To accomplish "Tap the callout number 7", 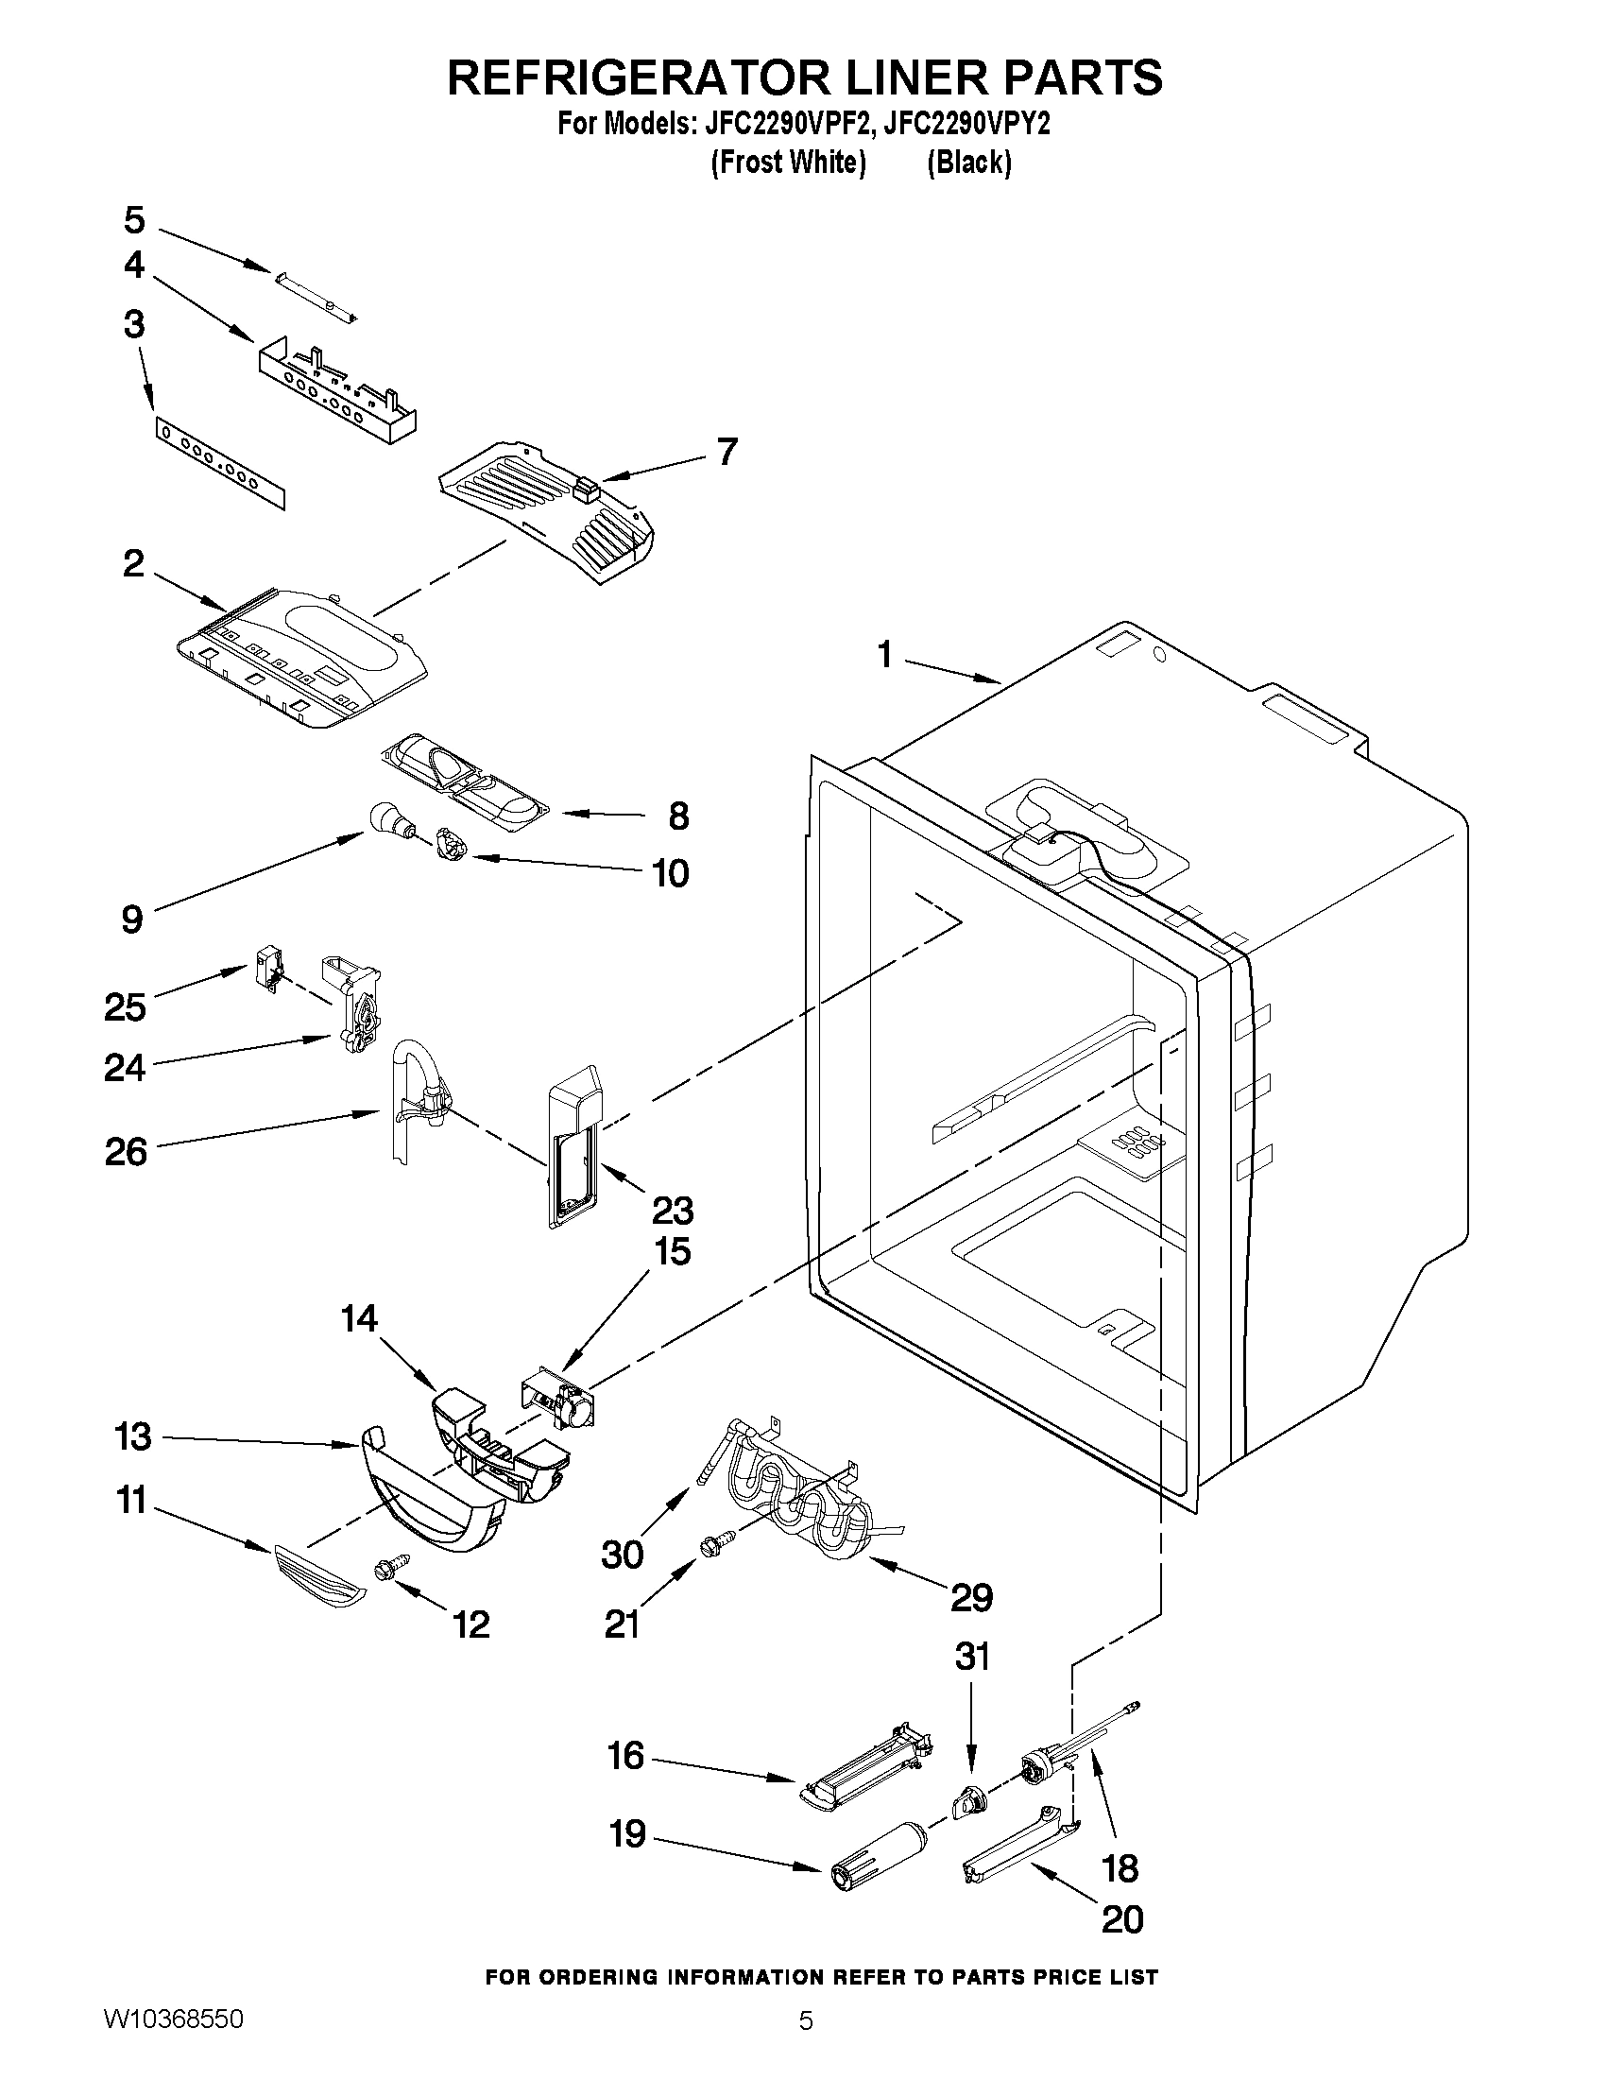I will click(x=727, y=452).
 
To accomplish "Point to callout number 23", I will click(x=672, y=1211).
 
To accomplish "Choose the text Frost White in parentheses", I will click(x=788, y=163).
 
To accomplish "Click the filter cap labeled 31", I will click(x=968, y=1802).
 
